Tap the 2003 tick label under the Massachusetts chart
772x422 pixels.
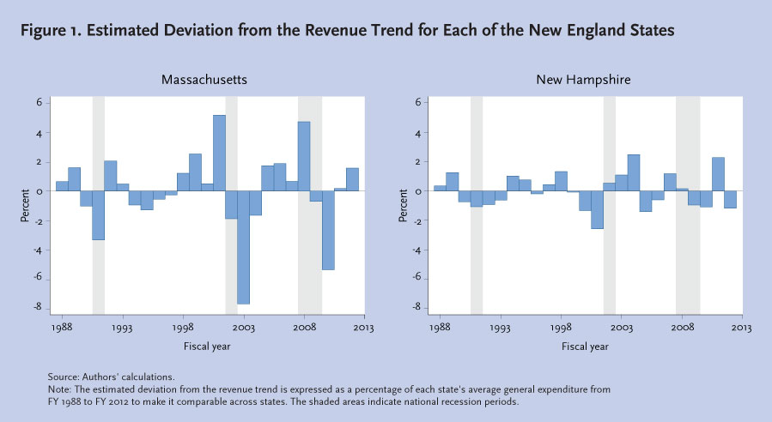point(243,328)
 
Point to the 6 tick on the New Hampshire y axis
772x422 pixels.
point(417,102)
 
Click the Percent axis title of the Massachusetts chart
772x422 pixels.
point(25,206)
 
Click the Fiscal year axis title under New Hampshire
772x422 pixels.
point(586,347)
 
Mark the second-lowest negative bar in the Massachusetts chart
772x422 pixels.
point(328,230)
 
